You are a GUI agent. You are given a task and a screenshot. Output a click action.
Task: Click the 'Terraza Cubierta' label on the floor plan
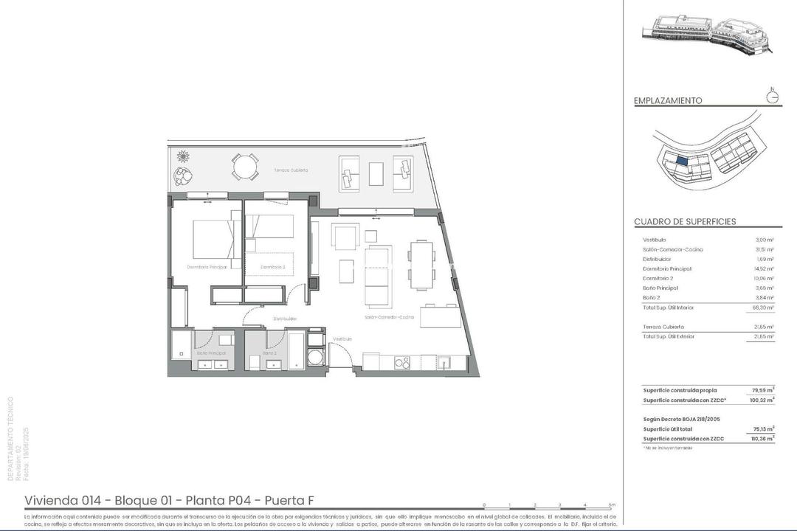[291, 170]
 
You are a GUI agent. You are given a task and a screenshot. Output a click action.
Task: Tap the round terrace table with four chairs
[245, 166]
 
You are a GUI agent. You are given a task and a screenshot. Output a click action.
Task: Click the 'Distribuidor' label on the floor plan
[284, 319]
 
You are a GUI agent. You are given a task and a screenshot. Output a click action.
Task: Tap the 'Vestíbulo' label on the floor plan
[342, 339]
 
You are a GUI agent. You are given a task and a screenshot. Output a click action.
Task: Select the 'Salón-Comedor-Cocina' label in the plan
[389, 317]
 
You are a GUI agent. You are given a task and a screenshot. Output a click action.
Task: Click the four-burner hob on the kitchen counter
[401, 362]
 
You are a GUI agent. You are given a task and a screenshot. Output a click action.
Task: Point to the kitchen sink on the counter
[444, 362]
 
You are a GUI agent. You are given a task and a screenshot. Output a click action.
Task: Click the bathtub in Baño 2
[294, 353]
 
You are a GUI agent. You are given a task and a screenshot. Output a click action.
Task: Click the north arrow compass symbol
[773, 97]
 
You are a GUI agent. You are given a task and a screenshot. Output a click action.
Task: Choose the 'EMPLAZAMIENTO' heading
[668, 101]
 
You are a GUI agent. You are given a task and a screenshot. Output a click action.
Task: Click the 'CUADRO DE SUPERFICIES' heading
[685, 221]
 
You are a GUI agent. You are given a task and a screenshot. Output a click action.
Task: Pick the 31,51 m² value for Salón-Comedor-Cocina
[764, 249]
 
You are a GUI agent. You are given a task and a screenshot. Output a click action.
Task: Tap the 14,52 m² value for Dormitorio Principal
[764, 269]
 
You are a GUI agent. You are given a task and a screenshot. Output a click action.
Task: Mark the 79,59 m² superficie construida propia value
[762, 390]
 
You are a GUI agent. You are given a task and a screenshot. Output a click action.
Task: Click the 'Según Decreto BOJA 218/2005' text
[681, 418]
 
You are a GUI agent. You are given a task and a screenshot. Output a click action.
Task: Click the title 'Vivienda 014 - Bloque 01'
[100, 500]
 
